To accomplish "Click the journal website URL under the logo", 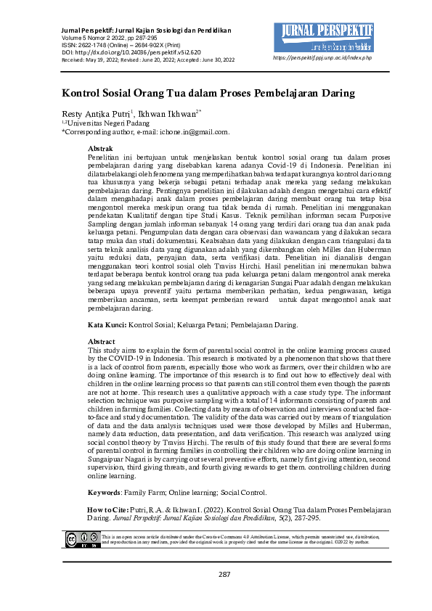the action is pos(322,57).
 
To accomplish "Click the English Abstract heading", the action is pos(101,341).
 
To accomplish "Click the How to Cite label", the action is pos(108,511).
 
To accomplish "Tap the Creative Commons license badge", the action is pos(80,539).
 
